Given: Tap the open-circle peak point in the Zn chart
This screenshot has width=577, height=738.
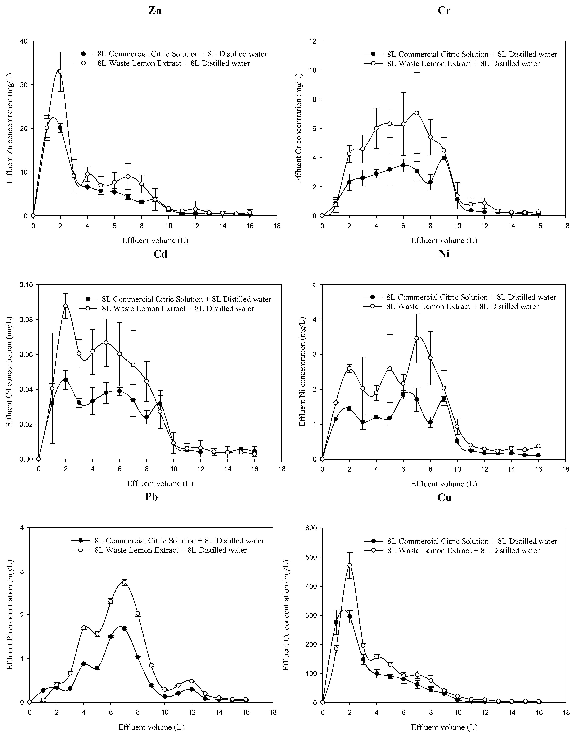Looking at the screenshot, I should coord(60,71).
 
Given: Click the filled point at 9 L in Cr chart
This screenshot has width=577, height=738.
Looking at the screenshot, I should coord(444,158).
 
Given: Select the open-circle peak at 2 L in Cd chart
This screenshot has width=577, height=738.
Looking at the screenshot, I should coord(66,306).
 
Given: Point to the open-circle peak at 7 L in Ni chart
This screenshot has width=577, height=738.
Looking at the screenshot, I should coord(417,338).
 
